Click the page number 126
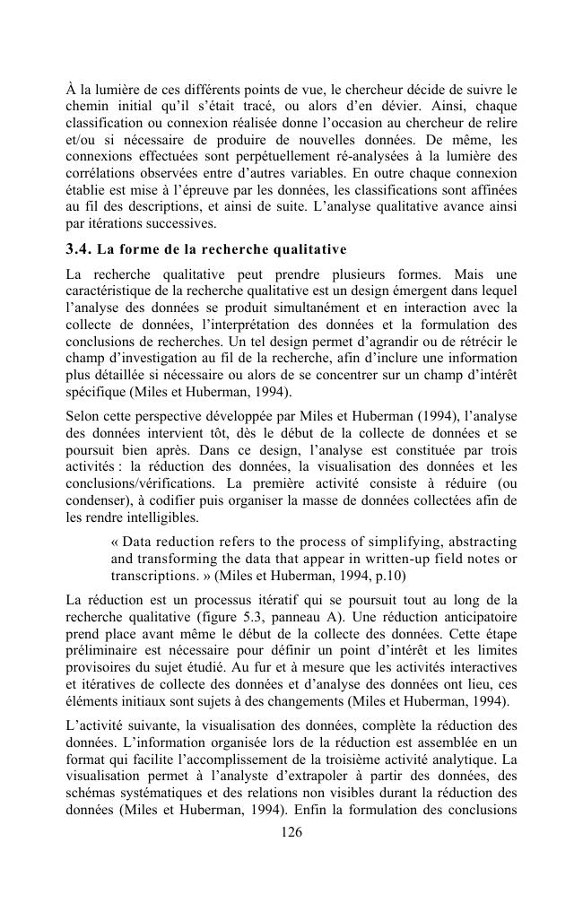point(291,832)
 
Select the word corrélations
point(100,172)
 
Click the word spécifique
point(95,391)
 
